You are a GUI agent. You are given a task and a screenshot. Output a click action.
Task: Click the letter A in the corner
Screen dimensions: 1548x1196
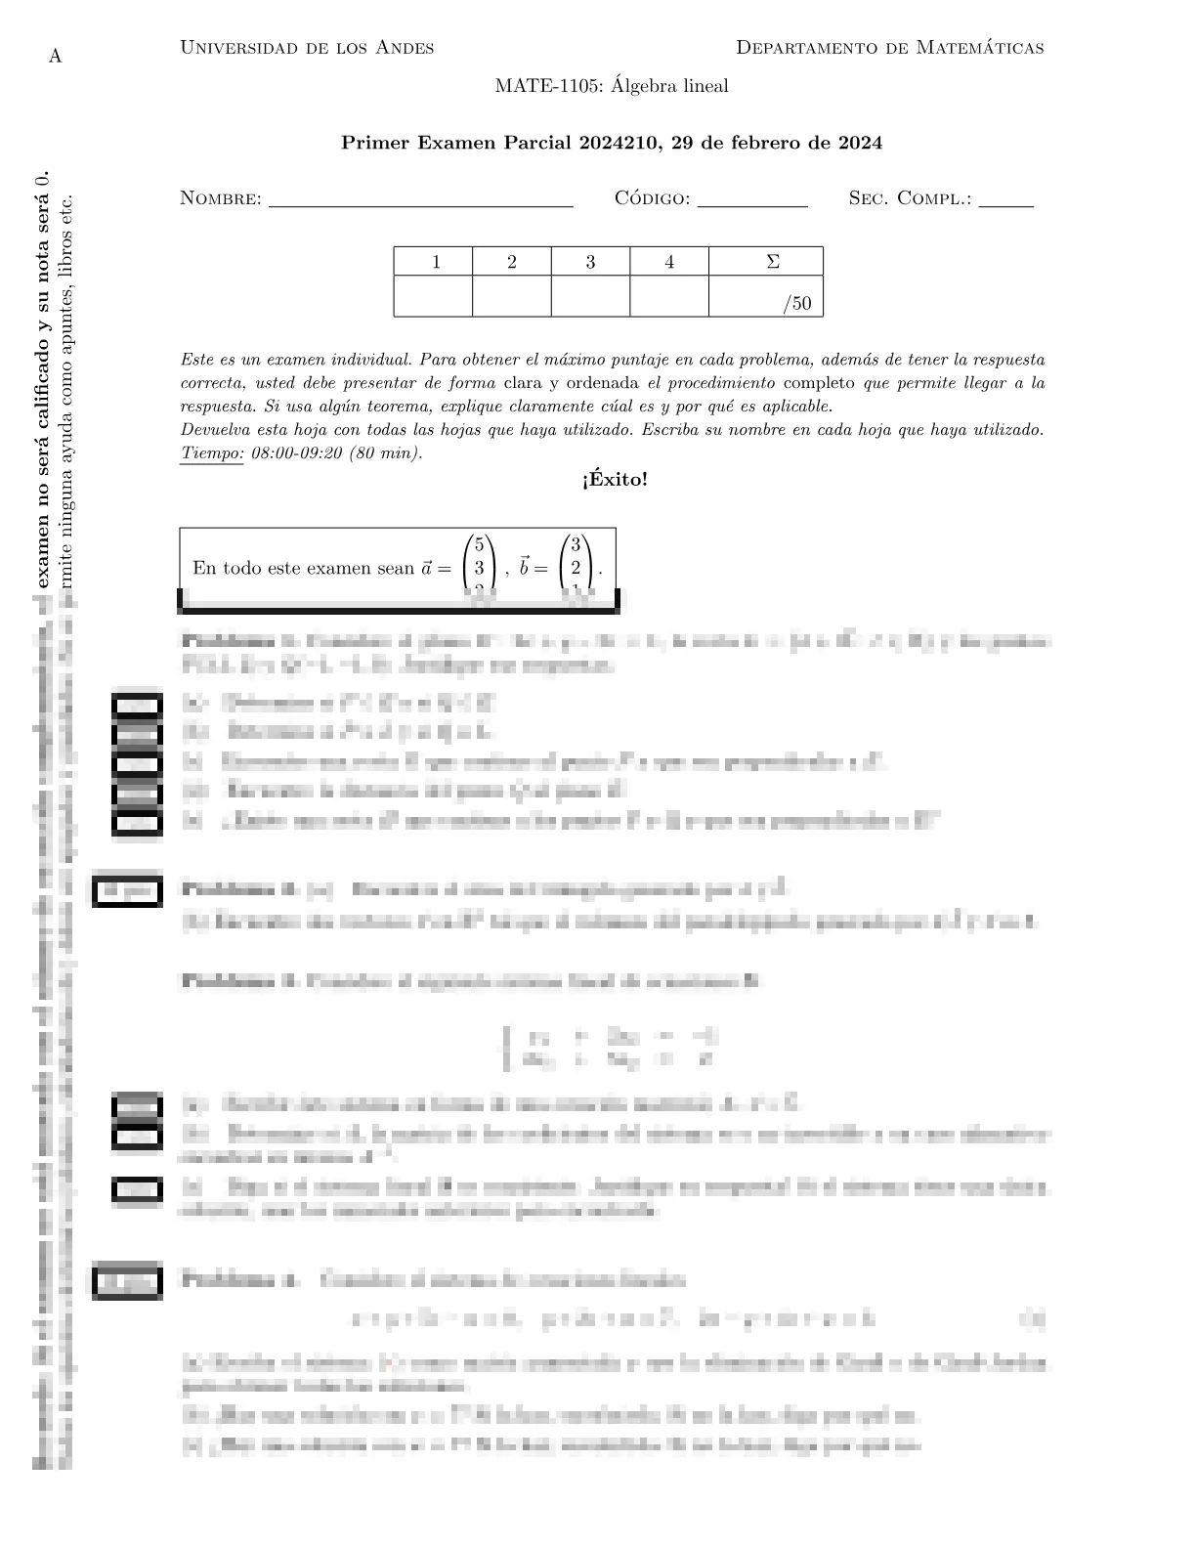click(56, 57)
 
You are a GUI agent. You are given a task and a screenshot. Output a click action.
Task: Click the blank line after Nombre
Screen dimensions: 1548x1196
click(420, 200)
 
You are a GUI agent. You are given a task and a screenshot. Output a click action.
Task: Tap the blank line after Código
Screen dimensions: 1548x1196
click(752, 200)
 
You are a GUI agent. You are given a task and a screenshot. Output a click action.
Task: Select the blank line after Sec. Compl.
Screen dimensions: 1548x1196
click(1005, 200)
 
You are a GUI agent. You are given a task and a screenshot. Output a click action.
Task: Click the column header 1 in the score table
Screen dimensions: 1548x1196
click(436, 262)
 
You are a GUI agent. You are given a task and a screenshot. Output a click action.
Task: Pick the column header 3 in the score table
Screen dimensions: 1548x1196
click(590, 262)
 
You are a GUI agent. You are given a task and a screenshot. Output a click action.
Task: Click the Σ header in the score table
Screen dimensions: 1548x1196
click(773, 262)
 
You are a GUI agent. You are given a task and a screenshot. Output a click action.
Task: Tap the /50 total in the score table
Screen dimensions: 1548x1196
click(797, 303)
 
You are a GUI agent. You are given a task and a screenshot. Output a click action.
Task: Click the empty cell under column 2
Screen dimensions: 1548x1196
click(512, 296)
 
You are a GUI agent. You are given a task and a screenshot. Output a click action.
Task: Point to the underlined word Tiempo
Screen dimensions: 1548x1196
click(212, 453)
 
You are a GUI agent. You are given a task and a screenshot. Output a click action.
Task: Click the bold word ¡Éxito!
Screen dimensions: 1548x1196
click(614, 480)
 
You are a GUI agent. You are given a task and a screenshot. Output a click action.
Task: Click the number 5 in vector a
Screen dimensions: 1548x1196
click(479, 545)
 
